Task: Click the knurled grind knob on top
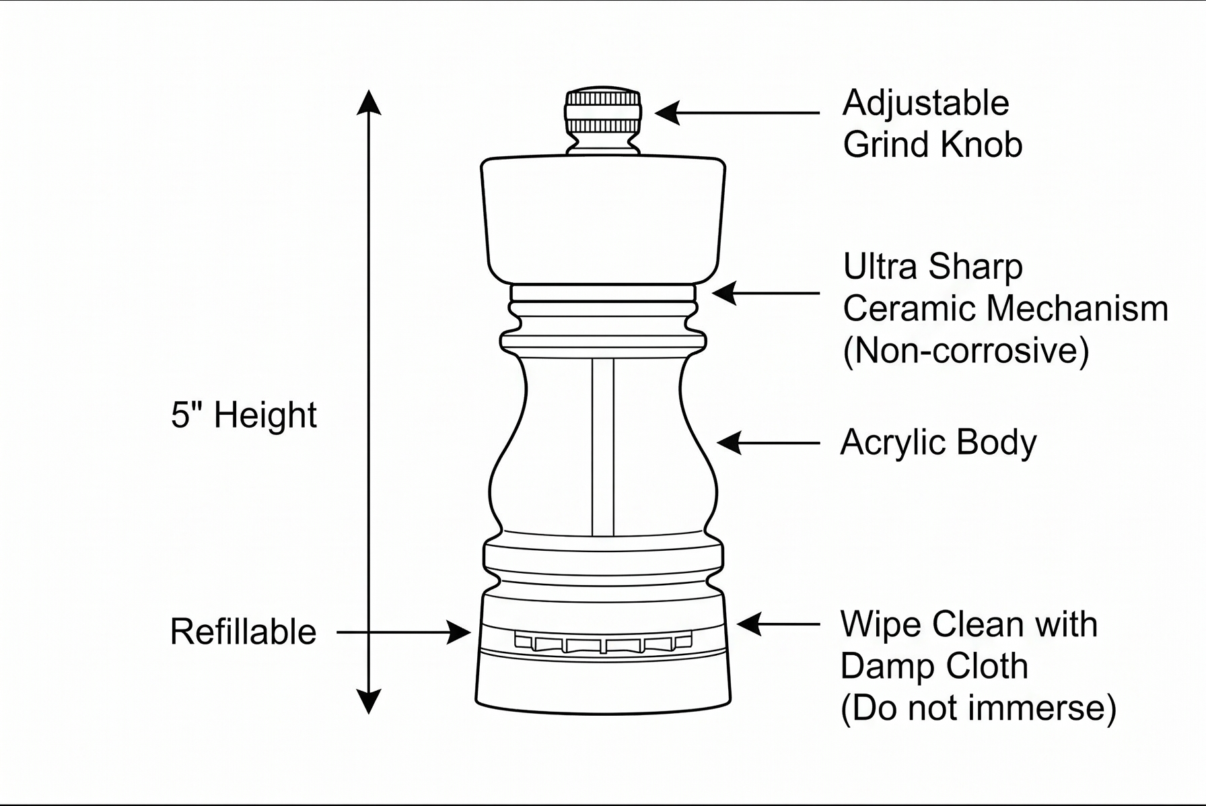pyautogui.click(x=603, y=111)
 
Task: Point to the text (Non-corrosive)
pyautogui.click(x=966, y=351)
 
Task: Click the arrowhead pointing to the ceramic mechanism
pyautogui.click(x=724, y=294)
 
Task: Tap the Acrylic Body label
pyautogui.click(x=938, y=444)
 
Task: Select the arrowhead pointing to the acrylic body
pyautogui.click(x=730, y=443)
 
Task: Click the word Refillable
pyautogui.click(x=243, y=632)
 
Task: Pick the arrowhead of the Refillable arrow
pyautogui.click(x=459, y=632)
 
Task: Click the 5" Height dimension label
pyautogui.click(x=244, y=415)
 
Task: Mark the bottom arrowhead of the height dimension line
pyautogui.click(x=368, y=701)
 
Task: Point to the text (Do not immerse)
pyautogui.click(x=979, y=708)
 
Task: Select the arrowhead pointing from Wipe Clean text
pyautogui.click(x=749, y=624)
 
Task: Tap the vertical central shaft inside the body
pyautogui.click(x=603, y=447)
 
